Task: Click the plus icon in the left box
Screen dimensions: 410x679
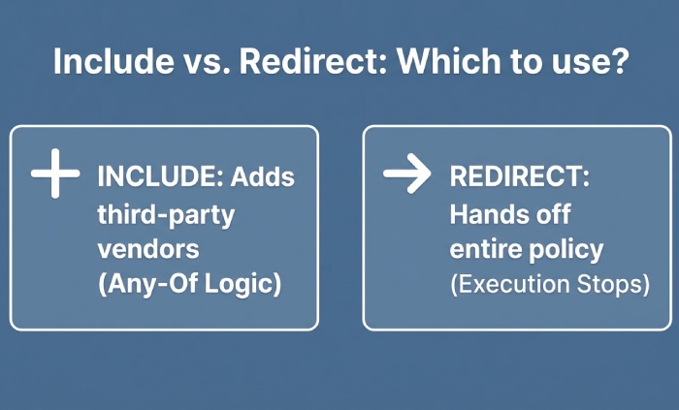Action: [x=54, y=177]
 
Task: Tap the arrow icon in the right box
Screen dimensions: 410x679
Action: [x=406, y=174]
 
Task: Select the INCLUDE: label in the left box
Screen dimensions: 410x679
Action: [x=161, y=177]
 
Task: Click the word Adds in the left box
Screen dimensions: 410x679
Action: [x=263, y=177]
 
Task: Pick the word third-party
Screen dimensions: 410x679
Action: [x=166, y=213]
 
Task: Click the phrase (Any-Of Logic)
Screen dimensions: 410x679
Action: [x=189, y=284]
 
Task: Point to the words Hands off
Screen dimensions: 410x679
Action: [x=509, y=213]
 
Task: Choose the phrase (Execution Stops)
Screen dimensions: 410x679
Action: [x=549, y=284]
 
